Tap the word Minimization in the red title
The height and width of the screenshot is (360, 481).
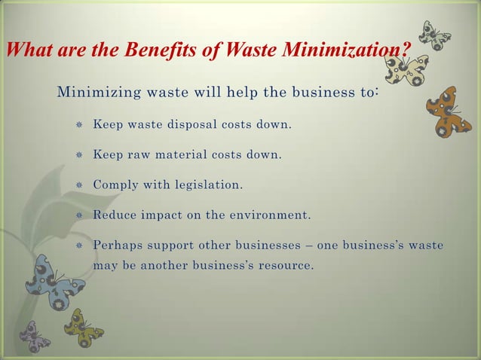point(346,50)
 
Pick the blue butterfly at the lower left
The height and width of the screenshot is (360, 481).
point(54,284)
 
